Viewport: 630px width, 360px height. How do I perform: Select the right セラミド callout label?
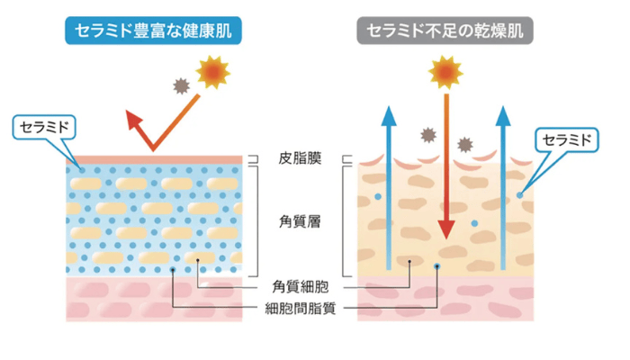point(566,139)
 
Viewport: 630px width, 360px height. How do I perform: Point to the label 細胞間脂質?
point(301,309)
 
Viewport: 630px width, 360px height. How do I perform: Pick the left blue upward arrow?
point(388,189)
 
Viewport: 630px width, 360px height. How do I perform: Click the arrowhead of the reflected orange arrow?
point(134,120)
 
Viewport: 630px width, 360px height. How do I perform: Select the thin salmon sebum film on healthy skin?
point(157,159)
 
